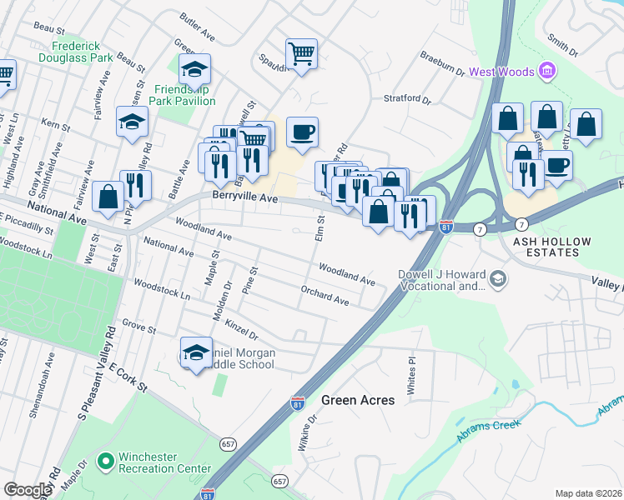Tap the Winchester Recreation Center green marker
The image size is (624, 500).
pos(105,460)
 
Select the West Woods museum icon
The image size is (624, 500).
pos(548,71)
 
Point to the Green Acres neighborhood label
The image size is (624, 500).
pos(358,400)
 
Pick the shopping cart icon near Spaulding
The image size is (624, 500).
pos(301,54)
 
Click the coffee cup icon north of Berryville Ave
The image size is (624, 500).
pos(302,131)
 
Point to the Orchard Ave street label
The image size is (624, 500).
pos(325,294)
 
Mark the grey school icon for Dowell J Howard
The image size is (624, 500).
pos(498,277)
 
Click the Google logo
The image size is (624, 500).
pos(28,490)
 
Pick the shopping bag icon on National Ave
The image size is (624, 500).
pos(108,197)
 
